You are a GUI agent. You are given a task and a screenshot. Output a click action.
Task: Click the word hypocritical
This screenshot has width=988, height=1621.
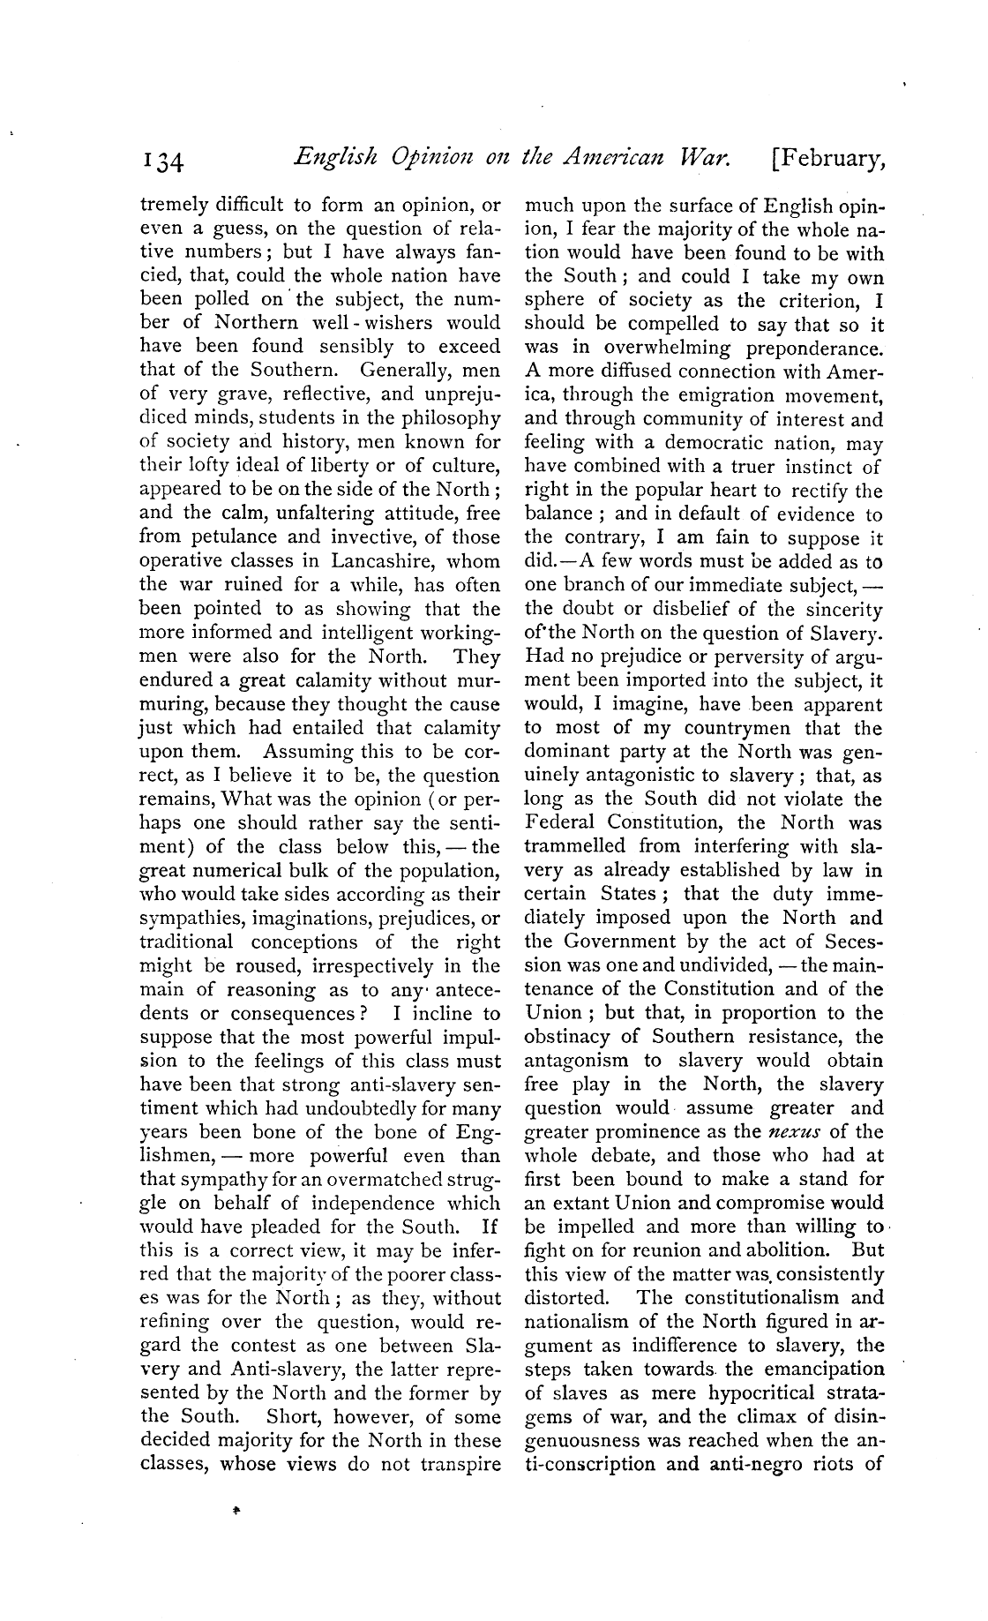pyautogui.click(x=750, y=1393)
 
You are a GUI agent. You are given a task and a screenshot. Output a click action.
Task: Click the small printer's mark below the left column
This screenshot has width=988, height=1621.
pyautogui.click(x=236, y=1511)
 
